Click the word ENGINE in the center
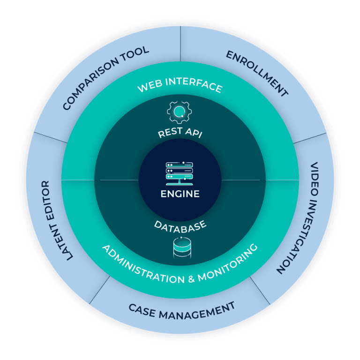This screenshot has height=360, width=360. click(180, 194)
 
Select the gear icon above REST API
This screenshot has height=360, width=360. click(180, 111)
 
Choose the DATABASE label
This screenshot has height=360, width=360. click(180, 225)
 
